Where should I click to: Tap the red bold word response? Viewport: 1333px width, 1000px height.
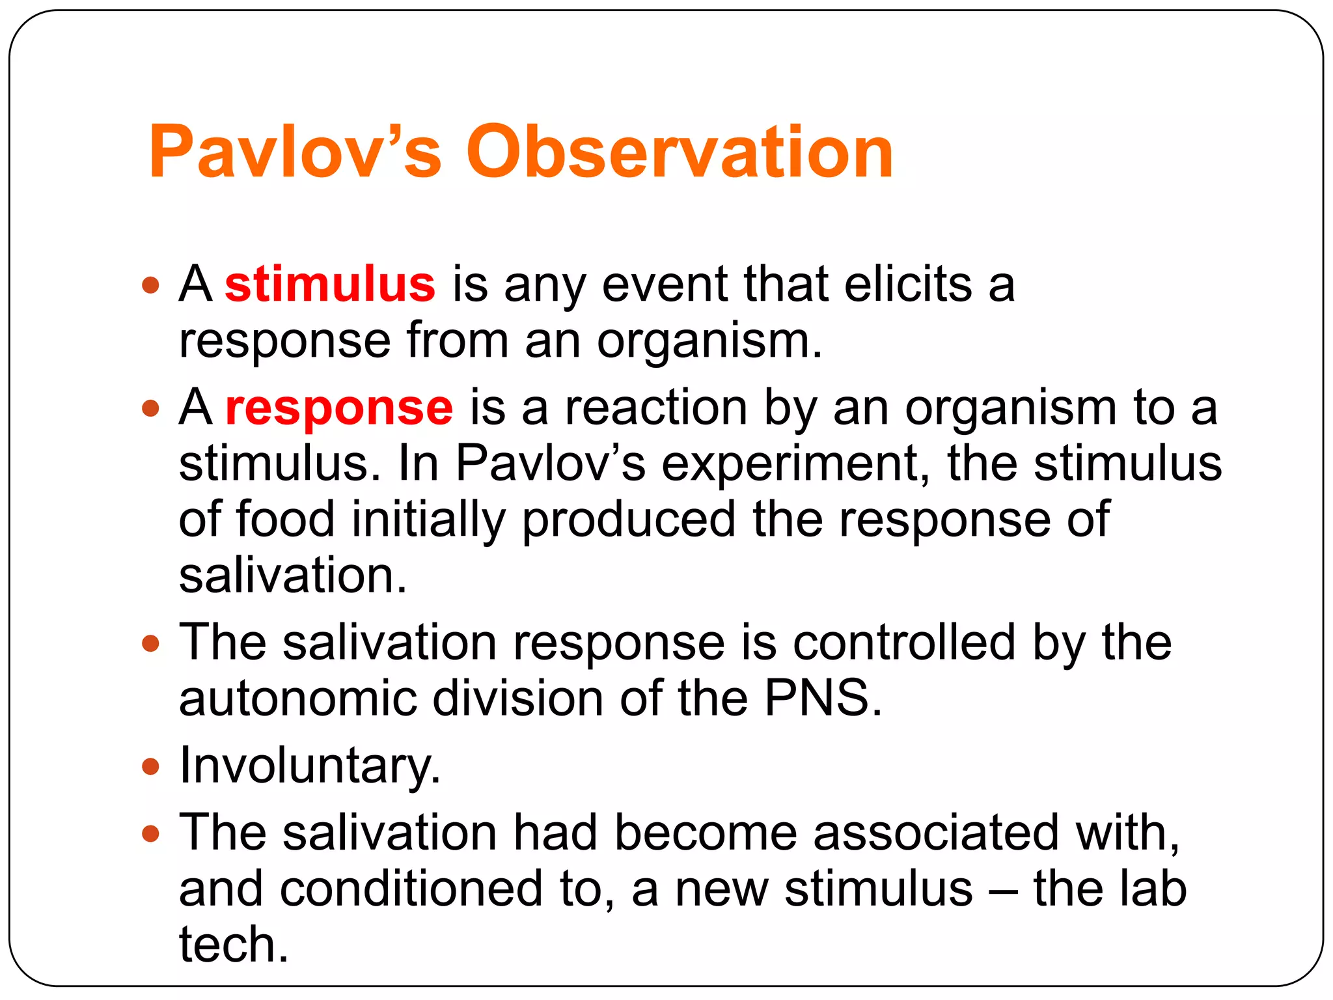338,408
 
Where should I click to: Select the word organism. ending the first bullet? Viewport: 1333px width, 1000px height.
709,342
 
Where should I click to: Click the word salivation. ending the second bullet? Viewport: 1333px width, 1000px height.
292,576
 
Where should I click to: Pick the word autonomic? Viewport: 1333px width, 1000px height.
297,698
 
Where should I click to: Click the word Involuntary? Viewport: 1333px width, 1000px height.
310,765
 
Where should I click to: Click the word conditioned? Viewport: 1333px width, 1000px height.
411,889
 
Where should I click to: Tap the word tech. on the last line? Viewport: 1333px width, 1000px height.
233,945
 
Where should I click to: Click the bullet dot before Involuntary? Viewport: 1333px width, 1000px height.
150,766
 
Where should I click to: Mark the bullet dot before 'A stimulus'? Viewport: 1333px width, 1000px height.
150,285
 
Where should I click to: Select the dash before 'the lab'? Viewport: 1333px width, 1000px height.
1002,891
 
